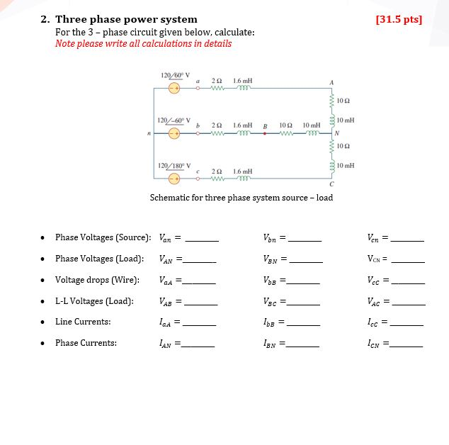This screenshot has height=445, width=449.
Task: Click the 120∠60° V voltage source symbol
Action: coord(174,89)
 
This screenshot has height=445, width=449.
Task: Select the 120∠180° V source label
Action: coord(174,166)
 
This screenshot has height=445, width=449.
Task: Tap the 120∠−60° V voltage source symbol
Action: coord(174,132)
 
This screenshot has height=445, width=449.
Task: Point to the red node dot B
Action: coord(265,133)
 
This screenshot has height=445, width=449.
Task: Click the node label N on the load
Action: coord(338,132)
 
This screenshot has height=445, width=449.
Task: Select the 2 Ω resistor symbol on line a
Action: coord(217,89)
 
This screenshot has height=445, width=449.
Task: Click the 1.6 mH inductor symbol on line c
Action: coord(243,178)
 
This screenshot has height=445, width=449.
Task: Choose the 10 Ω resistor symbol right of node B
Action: coord(286,133)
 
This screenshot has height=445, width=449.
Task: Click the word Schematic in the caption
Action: coord(170,198)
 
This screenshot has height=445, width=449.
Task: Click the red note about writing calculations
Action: coord(143,44)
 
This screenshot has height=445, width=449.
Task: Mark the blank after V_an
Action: coord(202,238)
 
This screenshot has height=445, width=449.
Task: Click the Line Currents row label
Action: coord(83,322)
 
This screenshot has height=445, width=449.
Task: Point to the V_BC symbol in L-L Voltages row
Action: coord(270,301)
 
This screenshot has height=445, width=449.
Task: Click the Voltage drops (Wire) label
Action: coord(97,280)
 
